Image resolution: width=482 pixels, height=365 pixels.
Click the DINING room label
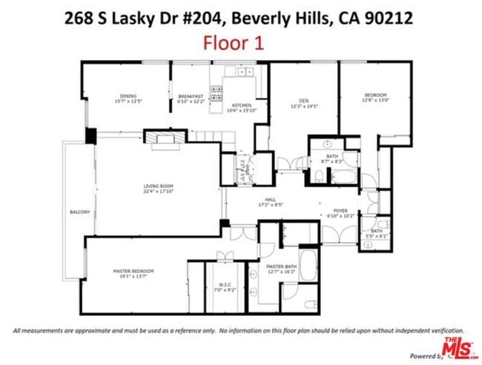click(128, 96)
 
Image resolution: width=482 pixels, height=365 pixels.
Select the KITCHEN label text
click(242, 106)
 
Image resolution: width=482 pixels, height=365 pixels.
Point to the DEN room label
click(303, 101)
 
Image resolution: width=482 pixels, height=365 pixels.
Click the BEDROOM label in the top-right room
click(375, 95)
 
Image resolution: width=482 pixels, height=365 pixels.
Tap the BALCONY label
click(79, 212)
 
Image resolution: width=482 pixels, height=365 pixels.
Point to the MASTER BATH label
click(282, 267)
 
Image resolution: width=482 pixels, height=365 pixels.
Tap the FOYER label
click(340, 210)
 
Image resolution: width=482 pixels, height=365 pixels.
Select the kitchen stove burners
click(217, 93)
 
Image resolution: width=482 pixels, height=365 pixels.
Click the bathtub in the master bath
click(308, 263)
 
